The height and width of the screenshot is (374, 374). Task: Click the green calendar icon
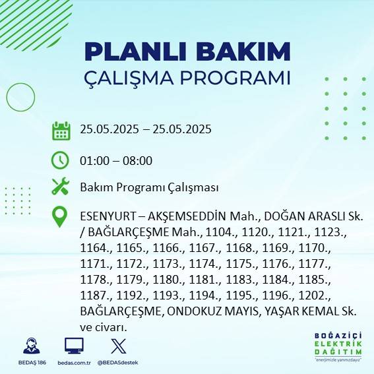[61, 130]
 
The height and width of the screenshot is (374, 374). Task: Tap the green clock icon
[61, 160]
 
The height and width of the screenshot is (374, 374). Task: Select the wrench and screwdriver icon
[61, 187]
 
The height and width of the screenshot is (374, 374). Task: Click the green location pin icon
[61, 217]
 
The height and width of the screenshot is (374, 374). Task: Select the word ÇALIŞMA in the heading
[125, 77]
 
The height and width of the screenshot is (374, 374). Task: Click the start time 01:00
[94, 160]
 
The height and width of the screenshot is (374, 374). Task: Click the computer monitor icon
[74, 346]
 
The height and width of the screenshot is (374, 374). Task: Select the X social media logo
[117, 346]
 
